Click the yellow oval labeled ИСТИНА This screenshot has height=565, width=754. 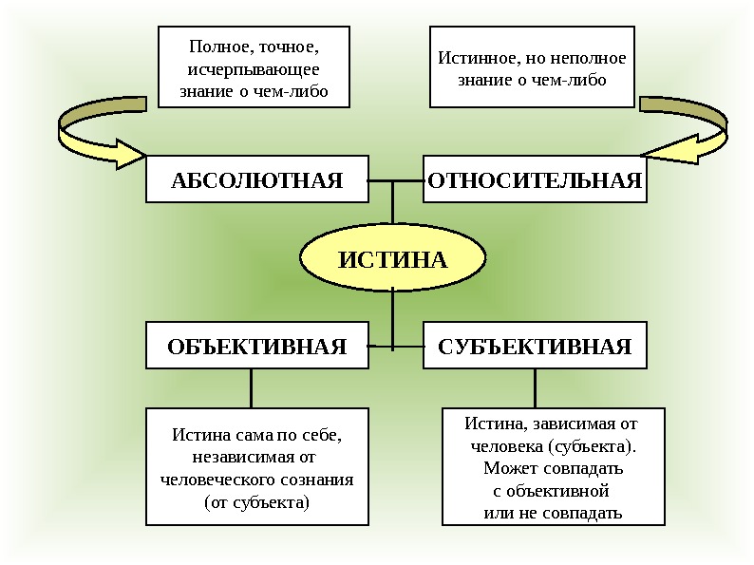pos(392,259)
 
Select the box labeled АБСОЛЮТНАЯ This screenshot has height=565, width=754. pos(256,180)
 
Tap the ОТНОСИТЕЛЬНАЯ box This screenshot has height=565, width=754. pos(535,180)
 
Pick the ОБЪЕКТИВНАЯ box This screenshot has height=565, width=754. pos(256,346)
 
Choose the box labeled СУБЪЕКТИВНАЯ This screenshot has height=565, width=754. pos(535,346)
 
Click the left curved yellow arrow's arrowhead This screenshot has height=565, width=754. pos(124,153)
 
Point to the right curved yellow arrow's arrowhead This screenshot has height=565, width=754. pos(666,152)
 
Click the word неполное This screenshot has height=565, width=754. pos(590,58)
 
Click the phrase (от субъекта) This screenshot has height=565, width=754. pos(256,502)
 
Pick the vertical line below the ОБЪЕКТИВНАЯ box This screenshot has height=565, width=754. pos(251,388)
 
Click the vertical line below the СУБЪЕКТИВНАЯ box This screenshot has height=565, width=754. pos(535,388)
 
